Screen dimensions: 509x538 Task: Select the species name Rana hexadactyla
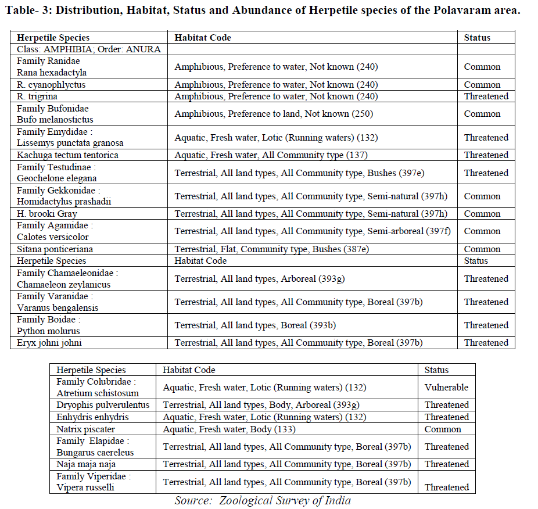(x=52, y=73)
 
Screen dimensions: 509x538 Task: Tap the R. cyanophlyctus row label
(x=51, y=85)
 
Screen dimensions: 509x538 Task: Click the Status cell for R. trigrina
(x=486, y=96)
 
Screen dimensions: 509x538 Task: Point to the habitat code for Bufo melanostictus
(x=274, y=114)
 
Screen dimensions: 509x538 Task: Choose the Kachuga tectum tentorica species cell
(x=67, y=155)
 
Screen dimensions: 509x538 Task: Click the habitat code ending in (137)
(x=271, y=155)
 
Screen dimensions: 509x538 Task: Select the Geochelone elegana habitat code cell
(x=309, y=173)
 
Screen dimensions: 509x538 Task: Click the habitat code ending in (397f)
(x=313, y=231)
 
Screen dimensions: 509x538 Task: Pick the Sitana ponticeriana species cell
(x=55, y=249)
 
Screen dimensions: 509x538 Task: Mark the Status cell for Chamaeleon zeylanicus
(x=486, y=279)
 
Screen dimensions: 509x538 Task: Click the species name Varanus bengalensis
(x=58, y=308)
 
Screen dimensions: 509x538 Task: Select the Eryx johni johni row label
(x=49, y=343)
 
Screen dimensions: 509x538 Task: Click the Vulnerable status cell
(x=446, y=388)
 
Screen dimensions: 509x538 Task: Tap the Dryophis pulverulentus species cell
(x=103, y=405)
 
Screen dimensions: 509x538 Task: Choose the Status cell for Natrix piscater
(x=443, y=429)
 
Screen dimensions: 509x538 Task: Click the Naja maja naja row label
(x=85, y=464)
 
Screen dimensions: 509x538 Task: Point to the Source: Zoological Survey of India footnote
(x=263, y=500)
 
